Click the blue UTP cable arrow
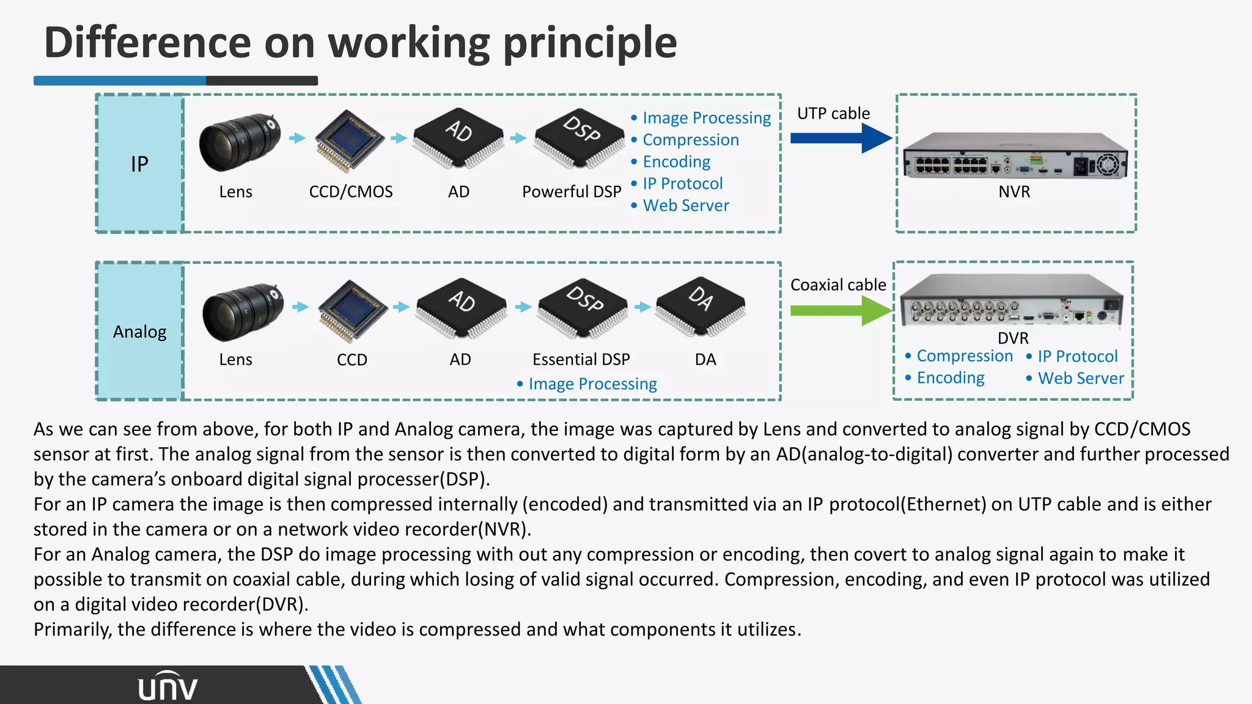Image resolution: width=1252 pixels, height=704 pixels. (x=841, y=138)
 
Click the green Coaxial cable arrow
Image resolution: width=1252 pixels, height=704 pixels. (x=841, y=310)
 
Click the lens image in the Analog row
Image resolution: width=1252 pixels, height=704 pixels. (x=243, y=312)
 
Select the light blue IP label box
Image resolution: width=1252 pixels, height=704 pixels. (x=139, y=164)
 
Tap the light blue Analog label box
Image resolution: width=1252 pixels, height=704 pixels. (x=139, y=331)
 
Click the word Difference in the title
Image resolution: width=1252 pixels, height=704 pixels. (x=147, y=43)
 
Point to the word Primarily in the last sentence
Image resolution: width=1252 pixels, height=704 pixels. (x=72, y=629)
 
